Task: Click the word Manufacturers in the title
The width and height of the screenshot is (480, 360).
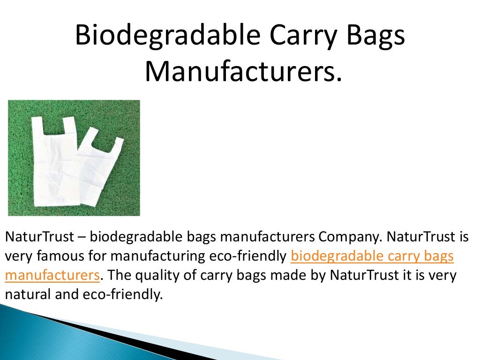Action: [242, 73]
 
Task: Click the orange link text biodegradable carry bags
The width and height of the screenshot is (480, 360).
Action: [372, 256]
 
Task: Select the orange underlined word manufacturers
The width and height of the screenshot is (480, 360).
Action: [52, 275]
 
